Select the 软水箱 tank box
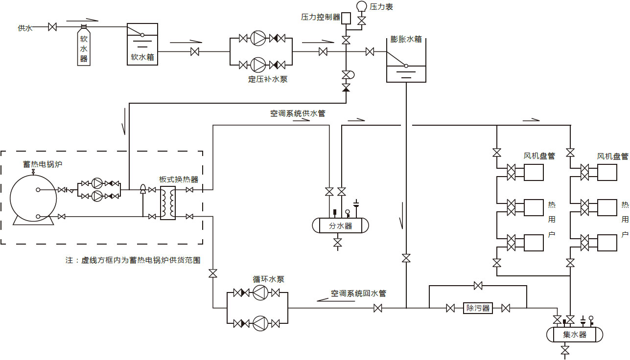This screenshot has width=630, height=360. pyautogui.click(x=142, y=44)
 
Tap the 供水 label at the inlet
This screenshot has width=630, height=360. pyautogui.click(x=25, y=28)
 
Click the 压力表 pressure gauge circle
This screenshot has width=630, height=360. pyautogui.click(x=362, y=6)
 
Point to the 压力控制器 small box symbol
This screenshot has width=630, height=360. pyautogui.click(x=346, y=18)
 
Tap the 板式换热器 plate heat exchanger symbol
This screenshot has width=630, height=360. pyautogui.click(x=168, y=203)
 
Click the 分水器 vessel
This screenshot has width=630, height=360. pyautogui.click(x=341, y=225)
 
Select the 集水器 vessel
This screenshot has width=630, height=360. pyautogui.click(x=574, y=335)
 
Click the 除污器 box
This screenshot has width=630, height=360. pyautogui.click(x=478, y=308)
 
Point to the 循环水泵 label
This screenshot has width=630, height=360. pyautogui.click(x=268, y=279)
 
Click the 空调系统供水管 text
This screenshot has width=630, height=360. pyautogui.click(x=298, y=113)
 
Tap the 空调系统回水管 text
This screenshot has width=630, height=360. pyautogui.click(x=358, y=293)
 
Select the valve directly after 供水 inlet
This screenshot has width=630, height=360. pyautogui.click(x=52, y=27)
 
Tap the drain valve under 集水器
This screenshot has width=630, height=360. pyautogui.click(x=565, y=351)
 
